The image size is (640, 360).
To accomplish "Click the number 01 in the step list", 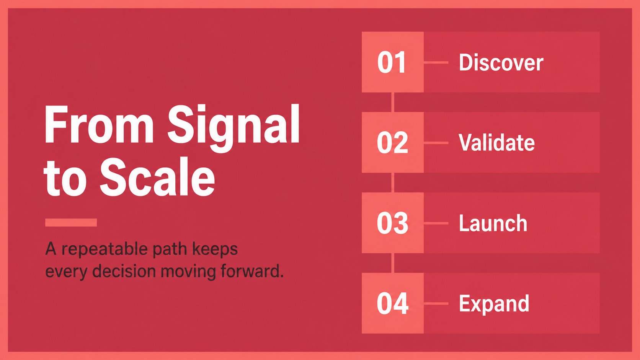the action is click(x=392, y=62).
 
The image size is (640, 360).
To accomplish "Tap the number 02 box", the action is click(x=393, y=142).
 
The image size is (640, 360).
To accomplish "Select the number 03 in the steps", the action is click(x=392, y=223).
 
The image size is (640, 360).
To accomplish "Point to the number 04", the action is click(x=393, y=303).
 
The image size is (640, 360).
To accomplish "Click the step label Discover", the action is click(x=501, y=62).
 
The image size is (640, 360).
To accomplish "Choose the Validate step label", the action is click(x=496, y=142).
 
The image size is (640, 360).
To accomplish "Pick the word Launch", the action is click(x=493, y=223).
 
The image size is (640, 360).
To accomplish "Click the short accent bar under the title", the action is click(x=71, y=222).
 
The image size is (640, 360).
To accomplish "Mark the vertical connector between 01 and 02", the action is click(x=393, y=102).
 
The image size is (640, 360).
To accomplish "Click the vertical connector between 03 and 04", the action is click(x=393, y=263).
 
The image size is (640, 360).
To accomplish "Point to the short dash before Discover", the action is click(x=436, y=62).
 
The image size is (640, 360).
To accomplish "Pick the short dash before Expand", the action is click(x=436, y=303).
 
